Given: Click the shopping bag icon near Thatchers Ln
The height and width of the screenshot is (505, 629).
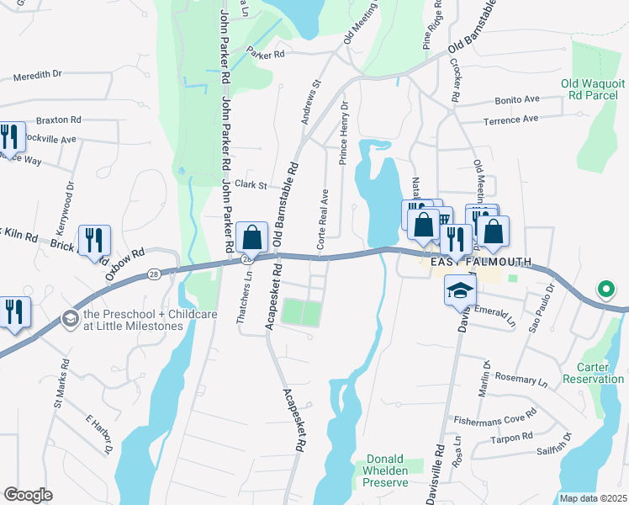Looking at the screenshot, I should click(251, 238).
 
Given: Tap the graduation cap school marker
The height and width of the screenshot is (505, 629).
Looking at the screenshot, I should click(459, 290).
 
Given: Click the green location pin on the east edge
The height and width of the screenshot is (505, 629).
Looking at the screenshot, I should click(605, 290).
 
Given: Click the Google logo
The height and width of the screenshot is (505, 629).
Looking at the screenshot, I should click(28, 495).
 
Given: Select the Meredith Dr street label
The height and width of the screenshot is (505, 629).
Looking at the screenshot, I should click(39, 76).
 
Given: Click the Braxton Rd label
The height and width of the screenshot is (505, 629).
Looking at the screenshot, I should click(57, 120).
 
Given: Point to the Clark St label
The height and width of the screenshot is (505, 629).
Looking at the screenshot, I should click(251, 184).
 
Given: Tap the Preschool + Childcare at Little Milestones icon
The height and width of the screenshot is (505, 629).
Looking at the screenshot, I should click(69, 319).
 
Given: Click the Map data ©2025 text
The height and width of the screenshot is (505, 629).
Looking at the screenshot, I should click(593, 498).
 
